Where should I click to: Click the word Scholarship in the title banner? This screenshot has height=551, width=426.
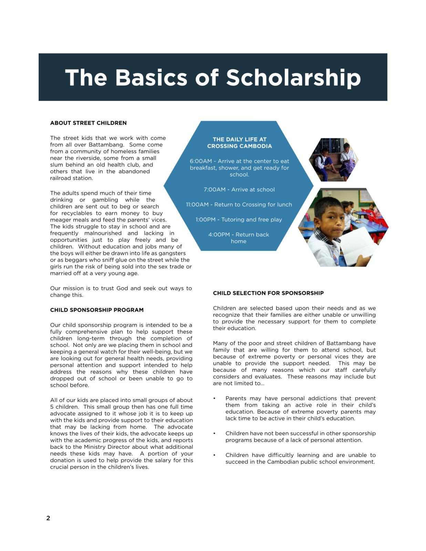tap(293, 78)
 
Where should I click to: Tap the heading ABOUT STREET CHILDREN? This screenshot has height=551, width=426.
tap(88, 123)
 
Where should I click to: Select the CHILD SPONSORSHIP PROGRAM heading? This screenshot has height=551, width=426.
tap(97, 310)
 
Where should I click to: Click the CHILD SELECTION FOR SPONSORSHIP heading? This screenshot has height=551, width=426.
tap(268, 293)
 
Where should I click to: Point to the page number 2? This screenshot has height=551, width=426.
tap(48, 518)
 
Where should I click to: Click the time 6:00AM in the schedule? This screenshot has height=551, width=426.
tap(201, 161)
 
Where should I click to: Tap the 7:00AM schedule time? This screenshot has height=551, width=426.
tap(215, 189)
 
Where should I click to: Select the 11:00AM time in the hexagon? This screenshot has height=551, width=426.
tap(197, 205)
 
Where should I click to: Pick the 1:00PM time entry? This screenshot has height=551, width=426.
tap(206, 220)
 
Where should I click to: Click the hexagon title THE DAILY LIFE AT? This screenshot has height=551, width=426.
tap(240, 139)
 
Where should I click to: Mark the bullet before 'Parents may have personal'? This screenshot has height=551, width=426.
tap(214, 398)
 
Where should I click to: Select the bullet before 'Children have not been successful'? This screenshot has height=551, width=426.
tap(214, 434)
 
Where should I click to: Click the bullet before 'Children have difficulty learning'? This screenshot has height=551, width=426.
tap(214, 455)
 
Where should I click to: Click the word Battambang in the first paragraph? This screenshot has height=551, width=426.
tap(106, 145)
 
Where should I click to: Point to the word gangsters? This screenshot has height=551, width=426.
tap(172, 253)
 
